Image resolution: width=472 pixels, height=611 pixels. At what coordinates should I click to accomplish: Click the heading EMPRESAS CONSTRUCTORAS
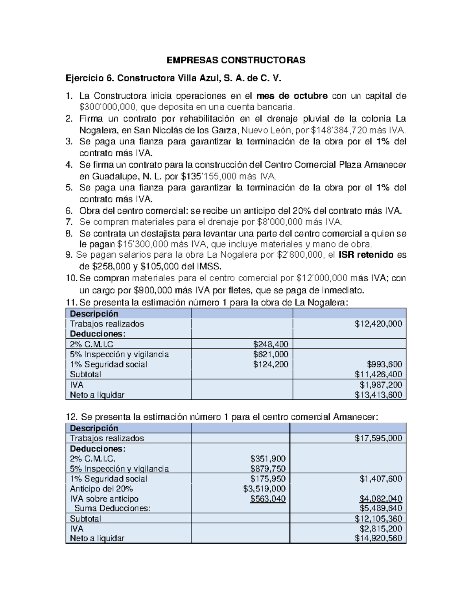(x=236, y=60)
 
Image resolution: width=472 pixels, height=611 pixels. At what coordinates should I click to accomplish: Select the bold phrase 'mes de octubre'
(x=291, y=96)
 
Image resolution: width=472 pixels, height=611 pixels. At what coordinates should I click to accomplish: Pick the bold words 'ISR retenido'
(x=366, y=255)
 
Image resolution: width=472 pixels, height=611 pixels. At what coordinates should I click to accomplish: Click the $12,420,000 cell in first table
(x=378, y=324)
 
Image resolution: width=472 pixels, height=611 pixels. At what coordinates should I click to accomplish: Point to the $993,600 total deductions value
(x=384, y=364)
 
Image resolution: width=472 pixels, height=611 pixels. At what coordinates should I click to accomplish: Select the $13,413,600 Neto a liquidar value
(x=378, y=395)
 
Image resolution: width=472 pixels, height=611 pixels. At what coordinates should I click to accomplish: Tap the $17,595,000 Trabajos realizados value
(x=378, y=438)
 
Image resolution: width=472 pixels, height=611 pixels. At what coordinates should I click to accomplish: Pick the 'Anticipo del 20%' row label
(x=101, y=489)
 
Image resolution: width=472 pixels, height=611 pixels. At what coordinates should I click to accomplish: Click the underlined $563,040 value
(x=268, y=499)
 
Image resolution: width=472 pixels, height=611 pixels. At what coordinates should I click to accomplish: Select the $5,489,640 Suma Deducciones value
(x=380, y=508)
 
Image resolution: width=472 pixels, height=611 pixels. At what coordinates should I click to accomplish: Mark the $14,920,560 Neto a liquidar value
(x=378, y=538)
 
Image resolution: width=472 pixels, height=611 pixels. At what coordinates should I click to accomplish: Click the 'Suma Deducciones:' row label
(x=112, y=508)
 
